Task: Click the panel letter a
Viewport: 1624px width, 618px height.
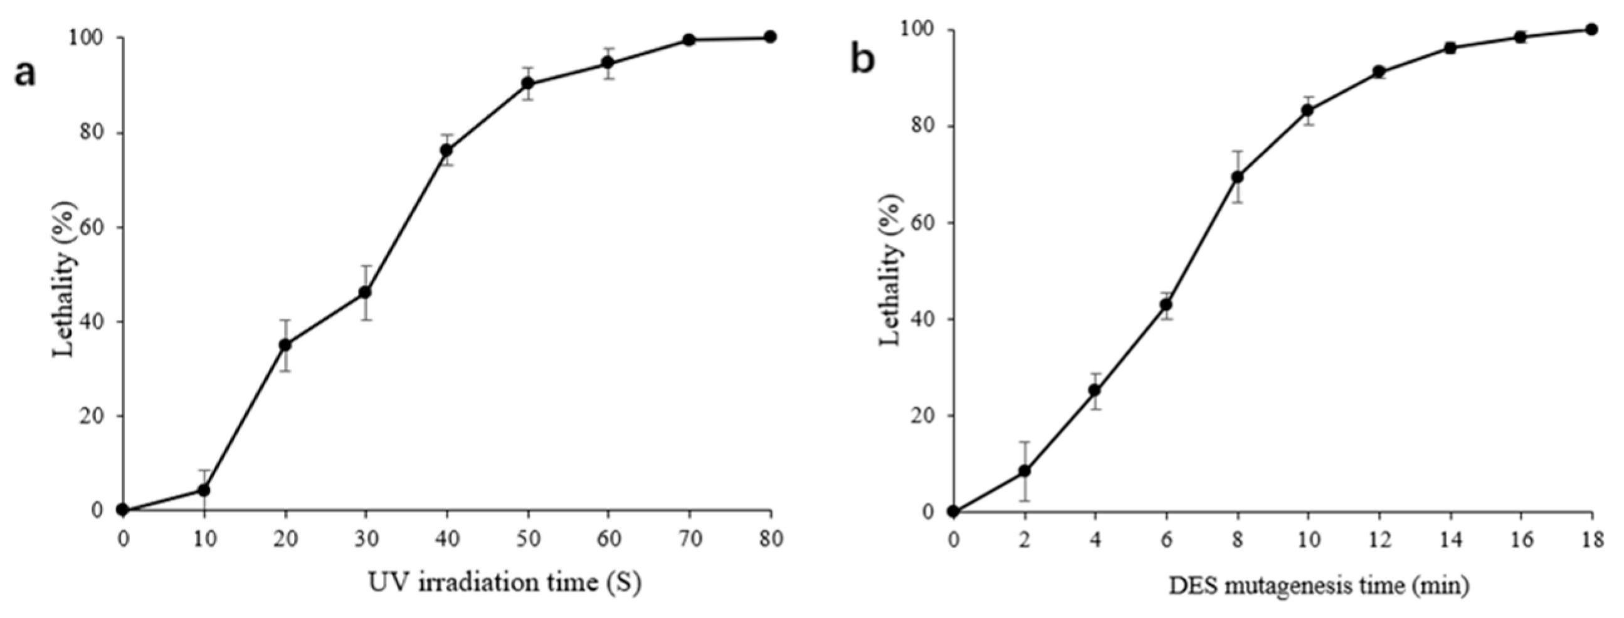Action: tap(25, 75)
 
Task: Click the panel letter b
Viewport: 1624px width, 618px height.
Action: tap(863, 61)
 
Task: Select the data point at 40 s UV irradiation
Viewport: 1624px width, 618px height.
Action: tap(447, 150)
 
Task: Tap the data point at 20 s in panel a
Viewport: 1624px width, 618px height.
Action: tap(285, 345)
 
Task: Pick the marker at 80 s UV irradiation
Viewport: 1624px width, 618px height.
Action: tap(770, 36)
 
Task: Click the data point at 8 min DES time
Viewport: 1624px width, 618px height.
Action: tap(1238, 177)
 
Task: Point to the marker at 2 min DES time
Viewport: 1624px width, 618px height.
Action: tap(1025, 471)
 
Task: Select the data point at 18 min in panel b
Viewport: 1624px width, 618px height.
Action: tap(1591, 29)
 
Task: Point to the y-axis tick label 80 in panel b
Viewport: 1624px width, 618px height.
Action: tap(923, 126)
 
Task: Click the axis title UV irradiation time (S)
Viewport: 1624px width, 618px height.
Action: tap(504, 582)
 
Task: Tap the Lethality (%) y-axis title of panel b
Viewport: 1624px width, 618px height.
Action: tap(891, 270)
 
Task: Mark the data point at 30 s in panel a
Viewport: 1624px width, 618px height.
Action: tap(366, 292)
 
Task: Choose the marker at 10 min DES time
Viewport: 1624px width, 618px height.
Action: tap(1307, 110)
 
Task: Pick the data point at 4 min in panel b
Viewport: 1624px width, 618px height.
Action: tap(1095, 390)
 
